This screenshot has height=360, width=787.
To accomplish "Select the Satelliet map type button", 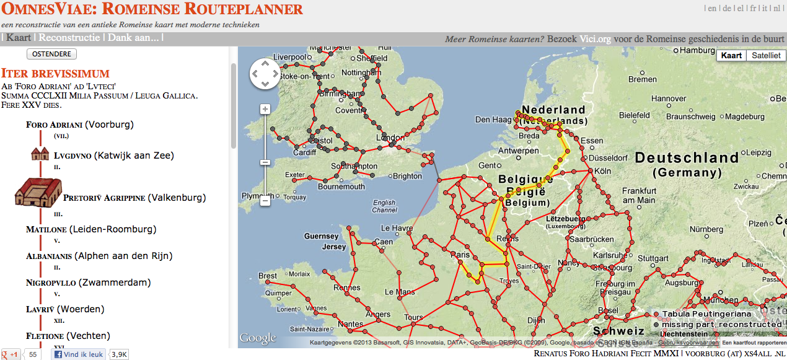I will tap(766, 56).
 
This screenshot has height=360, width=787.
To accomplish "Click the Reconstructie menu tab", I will tap(69, 38).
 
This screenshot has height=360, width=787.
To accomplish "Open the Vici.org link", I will tap(596, 39).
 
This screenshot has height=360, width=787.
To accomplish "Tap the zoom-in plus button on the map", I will tap(265, 110).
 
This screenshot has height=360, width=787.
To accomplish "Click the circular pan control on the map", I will tap(265, 74).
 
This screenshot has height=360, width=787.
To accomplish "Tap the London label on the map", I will tap(390, 138).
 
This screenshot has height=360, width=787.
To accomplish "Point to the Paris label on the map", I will tap(460, 255).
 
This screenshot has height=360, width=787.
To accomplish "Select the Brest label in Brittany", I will tap(268, 276).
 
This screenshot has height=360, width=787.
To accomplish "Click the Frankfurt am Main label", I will tap(638, 195).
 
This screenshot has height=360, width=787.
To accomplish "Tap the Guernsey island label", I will tap(322, 236).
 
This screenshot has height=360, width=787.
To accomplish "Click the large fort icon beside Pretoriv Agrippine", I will tap(38, 192).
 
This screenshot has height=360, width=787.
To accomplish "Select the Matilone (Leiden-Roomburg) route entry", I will tap(91, 229).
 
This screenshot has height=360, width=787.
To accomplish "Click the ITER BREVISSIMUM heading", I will tap(55, 73).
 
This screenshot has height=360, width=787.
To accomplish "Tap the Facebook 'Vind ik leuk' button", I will tap(79, 354).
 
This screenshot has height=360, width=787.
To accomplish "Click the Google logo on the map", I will tap(257, 338).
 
